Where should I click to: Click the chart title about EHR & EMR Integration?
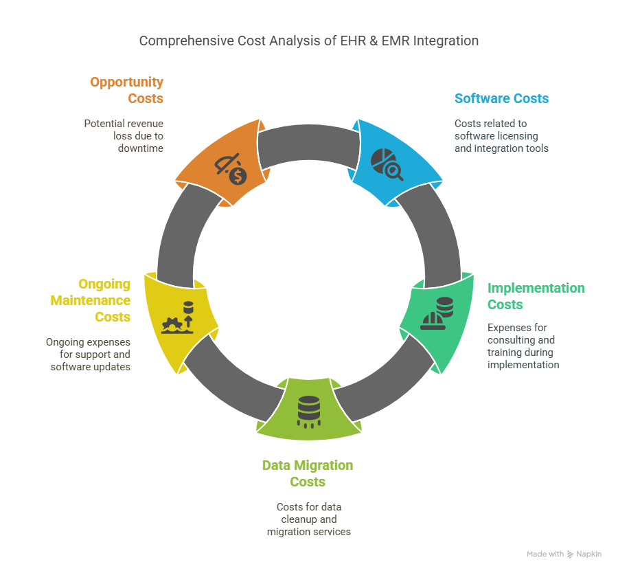(x=308, y=41)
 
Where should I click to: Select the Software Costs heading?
(x=501, y=98)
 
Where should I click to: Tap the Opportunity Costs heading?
(x=127, y=90)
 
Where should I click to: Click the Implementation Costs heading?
(x=536, y=296)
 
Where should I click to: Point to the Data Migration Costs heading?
(x=308, y=473)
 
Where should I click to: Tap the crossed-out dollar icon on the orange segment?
(x=231, y=170)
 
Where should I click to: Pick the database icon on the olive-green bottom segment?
(x=308, y=412)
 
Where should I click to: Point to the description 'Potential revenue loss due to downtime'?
(x=124, y=135)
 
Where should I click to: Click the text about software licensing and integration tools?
(x=501, y=135)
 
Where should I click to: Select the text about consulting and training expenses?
(x=523, y=346)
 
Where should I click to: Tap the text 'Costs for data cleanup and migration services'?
(x=308, y=519)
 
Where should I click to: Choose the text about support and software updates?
(x=89, y=355)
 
